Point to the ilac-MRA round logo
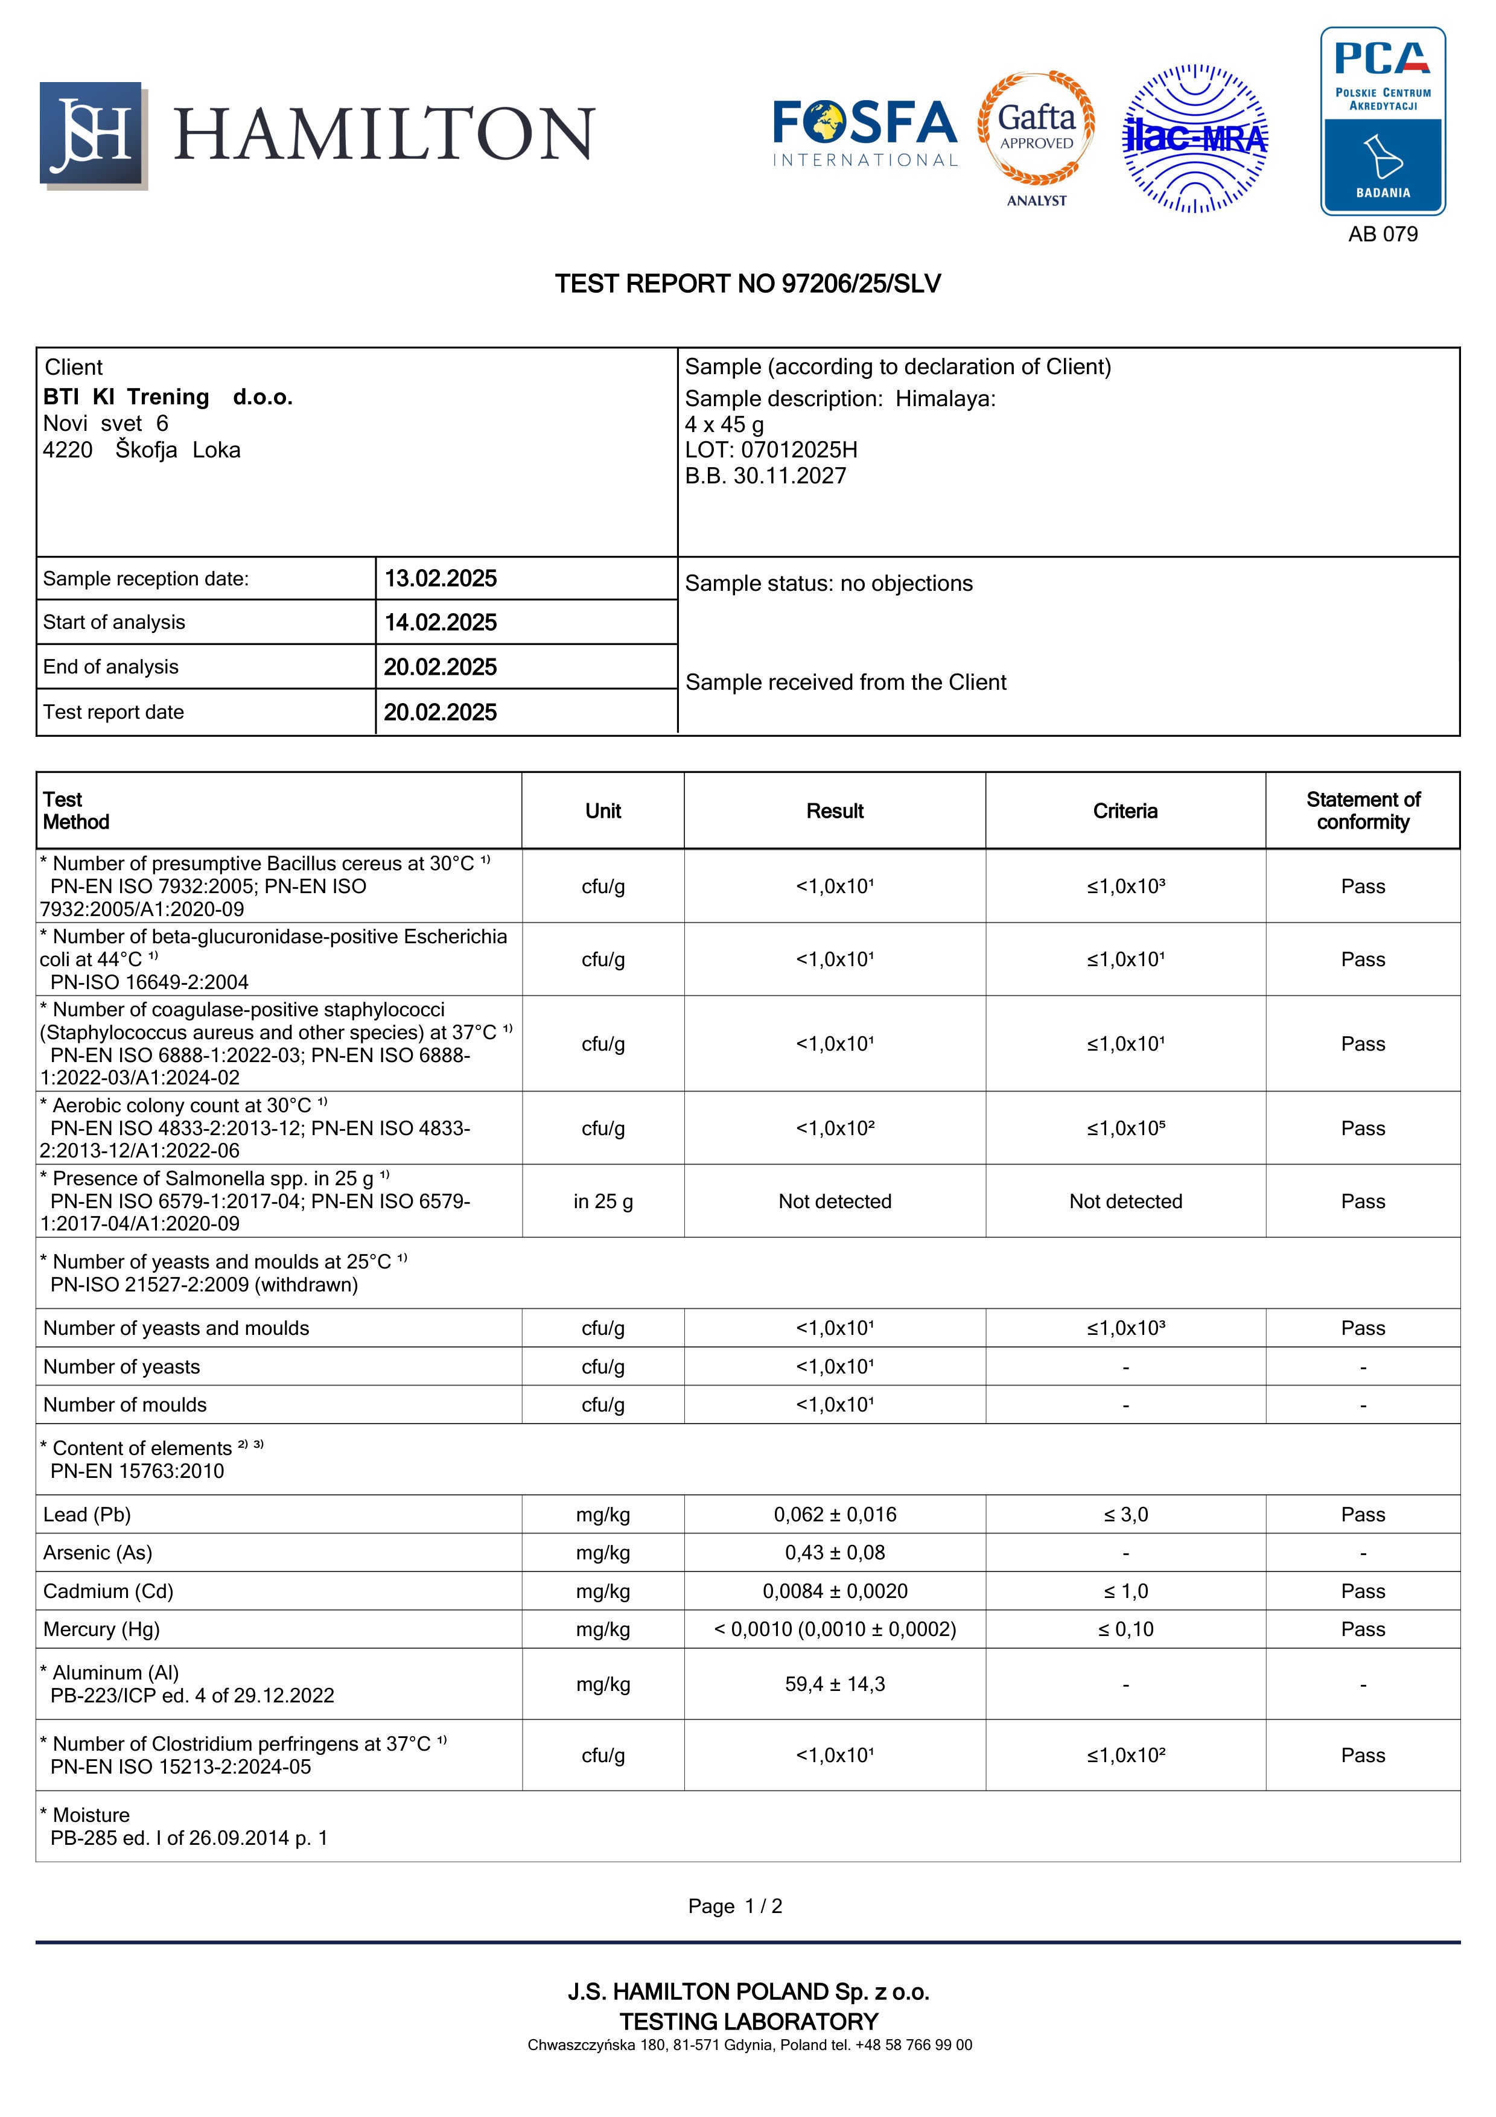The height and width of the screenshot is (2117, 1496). [1195, 138]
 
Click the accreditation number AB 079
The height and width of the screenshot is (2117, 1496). [1383, 234]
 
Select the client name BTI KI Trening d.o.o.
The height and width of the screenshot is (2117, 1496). [168, 398]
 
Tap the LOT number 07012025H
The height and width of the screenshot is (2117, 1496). [798, 450]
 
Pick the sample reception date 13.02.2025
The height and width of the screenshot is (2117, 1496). [441, 579]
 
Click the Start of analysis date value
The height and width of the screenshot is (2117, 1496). [441, 623]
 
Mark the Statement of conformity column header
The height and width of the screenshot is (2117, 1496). [1363, 812]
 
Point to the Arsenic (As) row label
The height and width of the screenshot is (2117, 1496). [98, 1553]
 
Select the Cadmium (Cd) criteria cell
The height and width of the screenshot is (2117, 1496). [1125, 1591]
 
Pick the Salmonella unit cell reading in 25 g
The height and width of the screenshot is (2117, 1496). [603, 1202]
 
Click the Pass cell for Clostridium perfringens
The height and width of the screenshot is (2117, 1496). [1363, 1756]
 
